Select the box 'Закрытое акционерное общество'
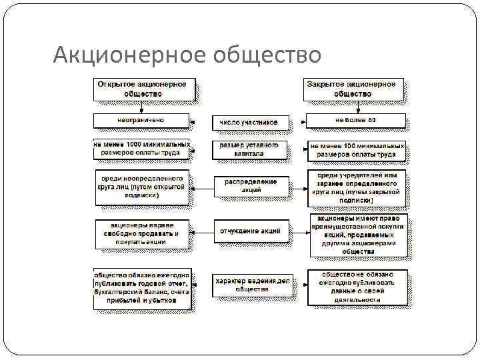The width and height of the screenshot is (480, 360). click(x=353, y=89)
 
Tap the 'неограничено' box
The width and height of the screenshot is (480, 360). click(x=141, y=120)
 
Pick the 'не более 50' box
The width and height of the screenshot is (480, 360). click(x=355, y=120)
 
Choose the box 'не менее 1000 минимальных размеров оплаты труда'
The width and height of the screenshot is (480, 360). click(x=142, y=148)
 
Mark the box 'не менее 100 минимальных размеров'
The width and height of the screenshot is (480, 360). click(x=357, y=149)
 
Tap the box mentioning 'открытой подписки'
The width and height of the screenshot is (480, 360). click(x=142, y=187)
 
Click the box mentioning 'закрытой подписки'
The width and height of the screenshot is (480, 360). click(x=356, y=187)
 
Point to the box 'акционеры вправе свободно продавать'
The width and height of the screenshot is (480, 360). click(x=141, y=233)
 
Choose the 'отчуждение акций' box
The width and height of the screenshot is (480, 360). click(x=251, y=231)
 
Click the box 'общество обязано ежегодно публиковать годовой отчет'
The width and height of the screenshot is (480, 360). click(x=142, y=287)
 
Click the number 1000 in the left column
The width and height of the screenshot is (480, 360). click(x=130, y=144)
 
